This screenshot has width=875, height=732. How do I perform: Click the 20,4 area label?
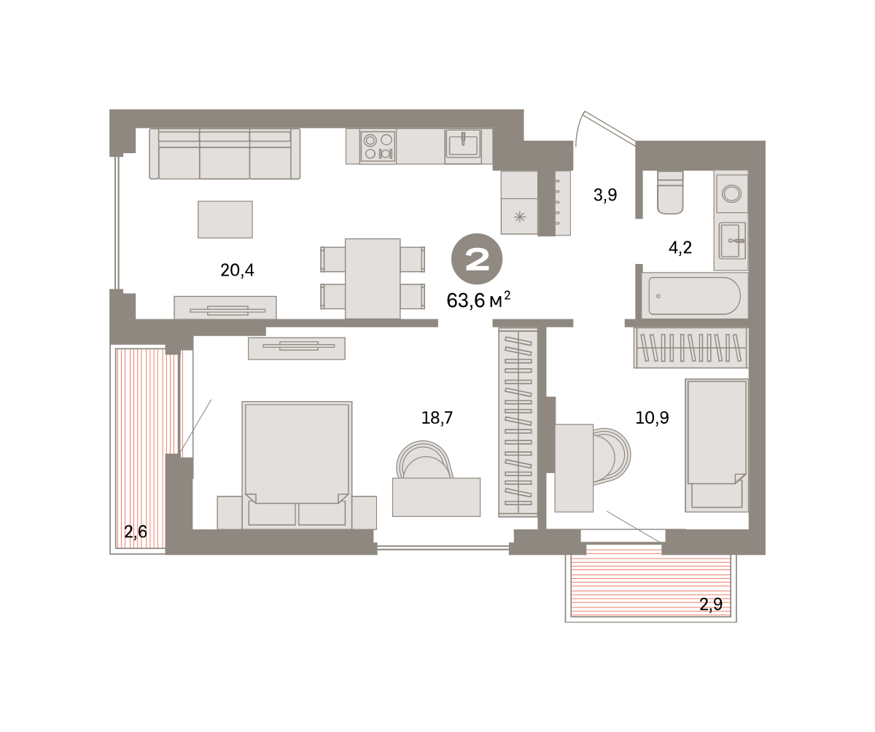[x=237, y=270]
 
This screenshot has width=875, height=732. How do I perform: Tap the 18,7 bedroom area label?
[x=437, y=418]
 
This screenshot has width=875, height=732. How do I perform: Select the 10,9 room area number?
[x=652, y=418]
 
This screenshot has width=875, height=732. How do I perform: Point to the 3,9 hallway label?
[x=605, y=195]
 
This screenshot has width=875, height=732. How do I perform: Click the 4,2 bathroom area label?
[x=680, y=248]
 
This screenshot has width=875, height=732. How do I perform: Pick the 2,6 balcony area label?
[x=136, y=532]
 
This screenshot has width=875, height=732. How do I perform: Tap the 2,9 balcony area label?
[x=711, y=604]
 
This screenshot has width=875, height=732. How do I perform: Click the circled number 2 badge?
[x=477, y=259]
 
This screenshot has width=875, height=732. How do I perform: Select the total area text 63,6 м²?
[x=478, y=300]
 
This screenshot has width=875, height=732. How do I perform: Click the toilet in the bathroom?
[x=671, y=192]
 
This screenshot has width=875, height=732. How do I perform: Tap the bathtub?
[x=694, y=296]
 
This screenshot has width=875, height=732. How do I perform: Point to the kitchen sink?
[x=463, y=144]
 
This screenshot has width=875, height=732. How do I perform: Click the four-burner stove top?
[x=378, y=146]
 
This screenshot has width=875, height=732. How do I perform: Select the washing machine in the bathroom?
[x=731, y=194]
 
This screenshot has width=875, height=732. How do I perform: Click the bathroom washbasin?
[x=732, y=241]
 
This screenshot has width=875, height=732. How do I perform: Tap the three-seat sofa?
[x=225, y=154]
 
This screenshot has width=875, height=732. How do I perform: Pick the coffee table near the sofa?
[x=225, y=219]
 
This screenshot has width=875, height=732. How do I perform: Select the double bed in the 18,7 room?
[x=297, y=464]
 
